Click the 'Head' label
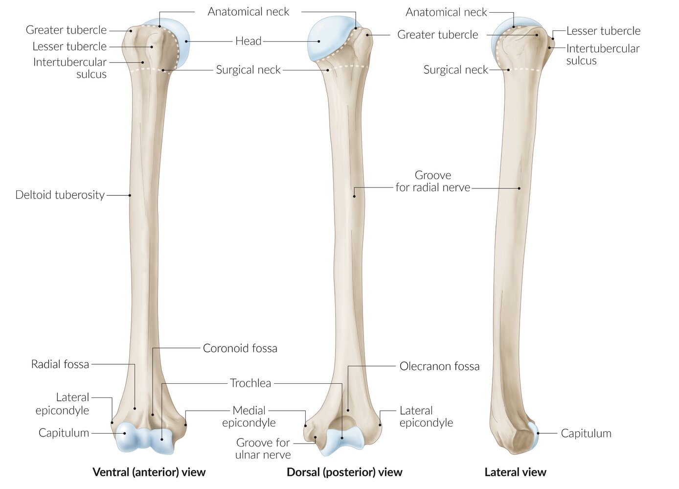coord(248,41)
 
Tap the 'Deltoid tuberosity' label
coord(60,195)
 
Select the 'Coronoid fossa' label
coord(240,349)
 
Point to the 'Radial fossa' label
coord(60,364)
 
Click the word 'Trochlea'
coord(250,383)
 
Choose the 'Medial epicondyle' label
coord(249,417)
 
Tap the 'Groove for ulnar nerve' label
coord(263,448)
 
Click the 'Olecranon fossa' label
coord(439,366)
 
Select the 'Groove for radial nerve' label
coord(433,181)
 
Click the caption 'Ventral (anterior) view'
coord(149,472)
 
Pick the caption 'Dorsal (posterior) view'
coord(344,472)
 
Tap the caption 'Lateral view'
coord(515,472)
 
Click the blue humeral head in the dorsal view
coord(325,39)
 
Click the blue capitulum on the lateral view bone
coord(534,436)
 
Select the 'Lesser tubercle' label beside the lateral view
coord(603,31)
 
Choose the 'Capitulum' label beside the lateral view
coord(586,433)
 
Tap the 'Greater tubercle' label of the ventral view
coord(66,30)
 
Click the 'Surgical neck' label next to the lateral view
coord(455,70)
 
